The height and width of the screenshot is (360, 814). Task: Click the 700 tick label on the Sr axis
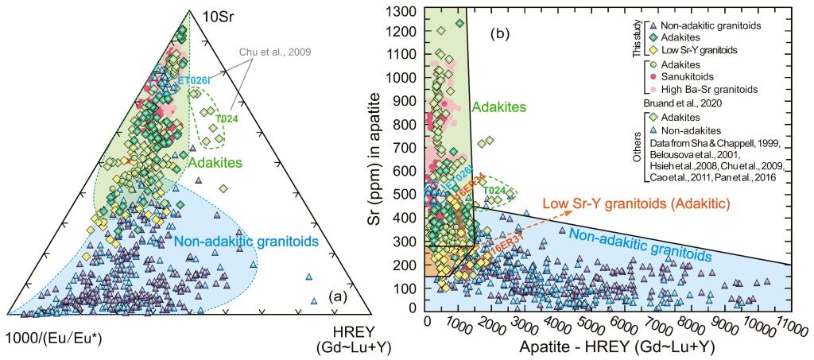coord(407,148)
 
